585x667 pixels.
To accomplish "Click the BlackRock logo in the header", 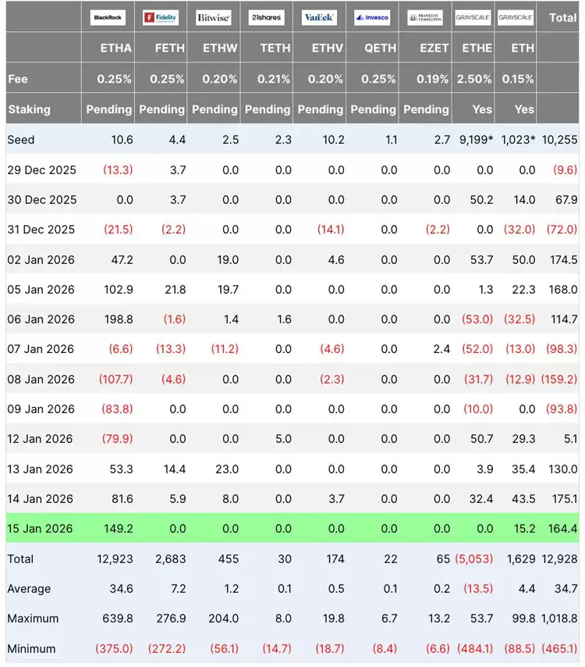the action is tap(108, 17).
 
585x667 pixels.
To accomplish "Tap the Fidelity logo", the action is tap(161, 17).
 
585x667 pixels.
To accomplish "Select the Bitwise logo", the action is tap(213, 17).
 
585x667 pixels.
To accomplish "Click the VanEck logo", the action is tap(319, 17).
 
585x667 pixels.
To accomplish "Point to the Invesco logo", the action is tap(372, 17).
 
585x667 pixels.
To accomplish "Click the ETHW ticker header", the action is tap(220, 48).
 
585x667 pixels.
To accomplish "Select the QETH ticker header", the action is tap(380, 48).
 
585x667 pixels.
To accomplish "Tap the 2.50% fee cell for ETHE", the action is tap(474, 79).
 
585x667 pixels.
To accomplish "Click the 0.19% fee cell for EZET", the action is tap(432, 79).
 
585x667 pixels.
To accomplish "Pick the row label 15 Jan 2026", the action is tap(40, 528).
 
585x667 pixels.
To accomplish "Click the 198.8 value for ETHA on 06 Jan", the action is tap(119, 319).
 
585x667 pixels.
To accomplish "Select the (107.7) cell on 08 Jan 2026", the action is tap(115, 379).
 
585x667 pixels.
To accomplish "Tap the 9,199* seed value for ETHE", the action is tap(476, 140).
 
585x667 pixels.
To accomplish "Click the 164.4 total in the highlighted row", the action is tap(562, 528).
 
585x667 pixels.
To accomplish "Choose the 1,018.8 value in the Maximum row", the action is tap(559, 618).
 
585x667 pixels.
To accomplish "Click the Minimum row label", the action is tap(31, 649).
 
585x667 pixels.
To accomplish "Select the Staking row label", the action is tap(29, 109).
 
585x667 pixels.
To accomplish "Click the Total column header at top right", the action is tap(562, 17).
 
